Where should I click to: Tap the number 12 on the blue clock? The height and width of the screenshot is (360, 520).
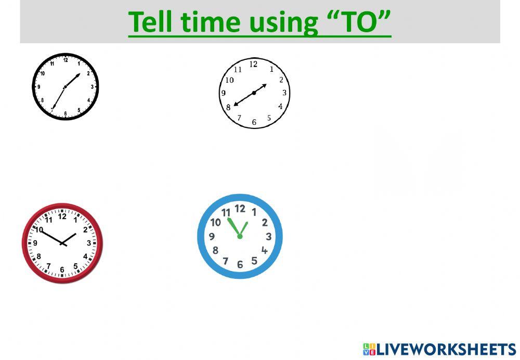pos(240,209)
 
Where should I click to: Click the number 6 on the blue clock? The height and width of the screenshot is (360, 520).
pos(240,265)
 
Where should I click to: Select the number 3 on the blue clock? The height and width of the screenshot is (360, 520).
pos(268,237)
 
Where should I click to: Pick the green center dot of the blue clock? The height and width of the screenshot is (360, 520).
pos(240,236)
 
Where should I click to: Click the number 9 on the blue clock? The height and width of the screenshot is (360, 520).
pos(212,237)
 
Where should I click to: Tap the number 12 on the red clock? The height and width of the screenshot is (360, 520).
pos(62,216)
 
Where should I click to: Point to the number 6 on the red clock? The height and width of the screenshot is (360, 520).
pos(62,269)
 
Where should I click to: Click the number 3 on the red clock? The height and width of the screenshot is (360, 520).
pos(89,243)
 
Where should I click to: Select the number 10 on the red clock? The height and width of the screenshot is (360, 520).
pos(39,229)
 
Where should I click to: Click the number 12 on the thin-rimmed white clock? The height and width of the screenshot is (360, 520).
pos(253,65)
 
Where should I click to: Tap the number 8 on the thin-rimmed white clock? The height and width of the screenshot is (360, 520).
pos(228,108)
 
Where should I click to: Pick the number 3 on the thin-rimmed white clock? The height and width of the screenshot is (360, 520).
pos(284,93)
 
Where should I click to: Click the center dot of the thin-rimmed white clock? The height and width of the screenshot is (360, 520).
pos(254,93)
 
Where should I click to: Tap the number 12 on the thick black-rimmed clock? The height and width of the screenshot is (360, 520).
pos(66,60)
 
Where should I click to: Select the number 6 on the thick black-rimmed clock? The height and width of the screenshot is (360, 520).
pos(66,113)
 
